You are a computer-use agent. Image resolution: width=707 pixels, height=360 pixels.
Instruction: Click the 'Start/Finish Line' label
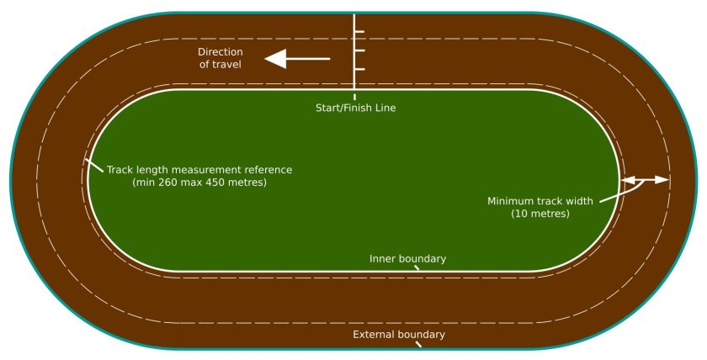(355, 108)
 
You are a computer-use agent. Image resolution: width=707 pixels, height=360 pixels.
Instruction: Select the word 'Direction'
(220, 51)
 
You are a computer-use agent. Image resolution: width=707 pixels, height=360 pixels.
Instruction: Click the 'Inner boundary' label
(407, 258)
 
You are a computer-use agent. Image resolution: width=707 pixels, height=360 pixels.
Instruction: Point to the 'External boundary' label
(398, 335)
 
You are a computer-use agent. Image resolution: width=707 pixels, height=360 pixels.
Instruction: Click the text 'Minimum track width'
(540, 201)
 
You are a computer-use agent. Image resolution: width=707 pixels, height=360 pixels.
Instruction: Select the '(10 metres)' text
(540, 214)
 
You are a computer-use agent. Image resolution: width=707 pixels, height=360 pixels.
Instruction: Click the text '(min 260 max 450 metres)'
(199, 183)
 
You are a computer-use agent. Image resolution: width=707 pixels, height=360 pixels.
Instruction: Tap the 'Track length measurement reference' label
(199, 169)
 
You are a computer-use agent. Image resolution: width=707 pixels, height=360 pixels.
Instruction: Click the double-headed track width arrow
(646, 180)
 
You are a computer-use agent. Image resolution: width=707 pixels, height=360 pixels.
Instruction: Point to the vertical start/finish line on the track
(354, 50)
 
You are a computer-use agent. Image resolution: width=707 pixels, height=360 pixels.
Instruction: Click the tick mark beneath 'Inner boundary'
(416, 268)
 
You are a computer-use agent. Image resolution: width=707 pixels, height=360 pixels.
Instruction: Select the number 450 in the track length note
(219, 183)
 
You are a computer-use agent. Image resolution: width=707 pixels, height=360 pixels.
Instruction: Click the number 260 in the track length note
(169, 183)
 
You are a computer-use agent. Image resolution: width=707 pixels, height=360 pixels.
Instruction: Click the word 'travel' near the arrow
(226, 64)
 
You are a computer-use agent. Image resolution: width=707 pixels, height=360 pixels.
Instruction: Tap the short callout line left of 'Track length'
(93, 164)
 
